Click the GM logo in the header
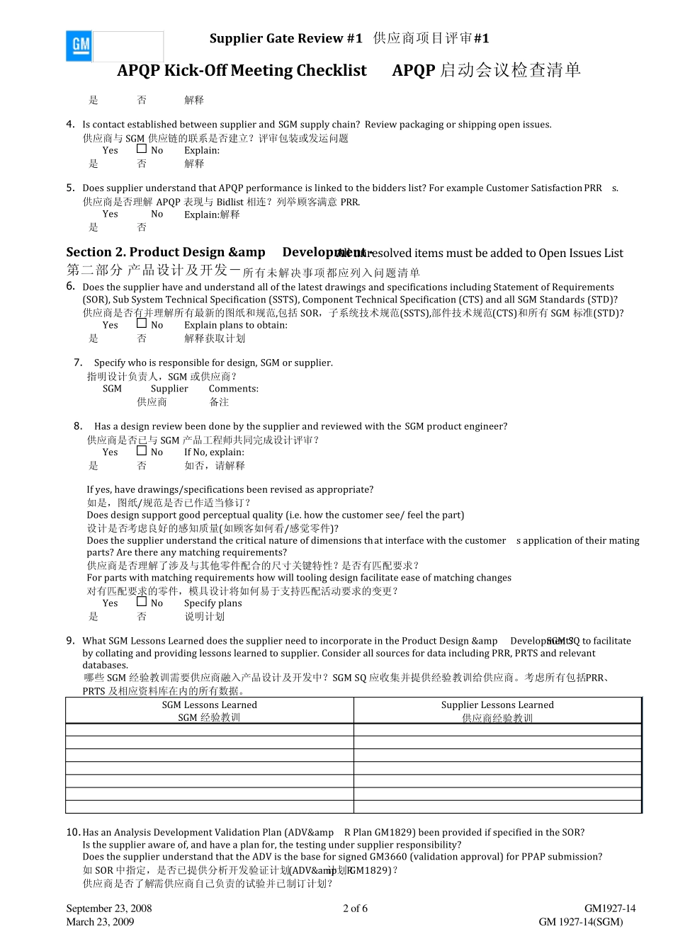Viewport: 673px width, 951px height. pos(80,46)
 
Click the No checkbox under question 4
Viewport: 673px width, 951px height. pos(142,149)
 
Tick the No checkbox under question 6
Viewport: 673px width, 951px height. pos(142,324)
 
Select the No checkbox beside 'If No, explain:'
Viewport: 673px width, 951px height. pos(142,450)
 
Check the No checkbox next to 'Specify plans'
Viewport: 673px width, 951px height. pos(142,602)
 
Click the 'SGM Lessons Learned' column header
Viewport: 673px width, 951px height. pos(209,710)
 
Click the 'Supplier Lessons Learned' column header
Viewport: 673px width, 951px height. pos(497,710)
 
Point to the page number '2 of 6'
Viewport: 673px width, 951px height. pos(355,909)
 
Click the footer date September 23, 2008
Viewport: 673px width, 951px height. pos(109,909)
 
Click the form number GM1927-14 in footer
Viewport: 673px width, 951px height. pos(610,909)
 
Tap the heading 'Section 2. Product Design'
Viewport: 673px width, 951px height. pos(165,253)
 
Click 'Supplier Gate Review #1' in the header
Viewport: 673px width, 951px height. pos(285,39)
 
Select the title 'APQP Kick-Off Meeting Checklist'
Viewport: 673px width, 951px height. pos(242,71)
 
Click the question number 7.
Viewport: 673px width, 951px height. pos(78,363)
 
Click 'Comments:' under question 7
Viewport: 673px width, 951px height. pos(233,389)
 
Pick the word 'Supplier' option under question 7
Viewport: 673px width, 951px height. pos(169,389)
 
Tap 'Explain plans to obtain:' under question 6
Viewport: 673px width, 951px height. pos(236,325)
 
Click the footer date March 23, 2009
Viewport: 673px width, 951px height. pos(100,922)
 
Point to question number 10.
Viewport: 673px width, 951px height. pos(73,833)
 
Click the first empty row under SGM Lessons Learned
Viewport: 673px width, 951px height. pos(209,730)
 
